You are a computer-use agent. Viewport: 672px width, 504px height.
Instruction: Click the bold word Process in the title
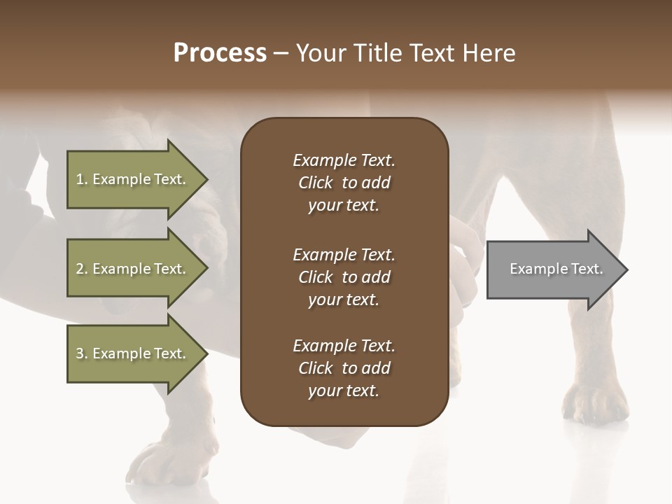point(220,53)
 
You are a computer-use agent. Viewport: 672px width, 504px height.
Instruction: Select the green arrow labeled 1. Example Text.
point(133,179)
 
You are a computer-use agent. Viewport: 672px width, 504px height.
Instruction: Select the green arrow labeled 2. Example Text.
point(133,269)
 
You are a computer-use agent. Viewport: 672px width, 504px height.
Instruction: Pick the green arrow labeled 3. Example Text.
point(133,353)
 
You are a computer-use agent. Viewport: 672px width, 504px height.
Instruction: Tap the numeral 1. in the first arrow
point(82,179)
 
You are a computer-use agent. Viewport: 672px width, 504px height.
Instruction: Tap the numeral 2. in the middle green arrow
point(82,269)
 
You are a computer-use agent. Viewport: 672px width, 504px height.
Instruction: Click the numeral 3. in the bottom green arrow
point(82,353)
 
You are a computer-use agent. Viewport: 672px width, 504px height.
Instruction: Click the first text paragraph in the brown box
point(344,183)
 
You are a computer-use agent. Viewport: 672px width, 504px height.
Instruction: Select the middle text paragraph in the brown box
point(344,277)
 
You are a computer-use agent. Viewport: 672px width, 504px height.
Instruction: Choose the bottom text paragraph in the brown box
point(344,368)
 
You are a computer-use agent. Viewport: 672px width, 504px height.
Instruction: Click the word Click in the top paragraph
point(315,183)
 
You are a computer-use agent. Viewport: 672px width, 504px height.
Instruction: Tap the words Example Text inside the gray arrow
point(556,269)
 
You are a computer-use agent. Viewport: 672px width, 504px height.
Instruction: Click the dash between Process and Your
point(281,54)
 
